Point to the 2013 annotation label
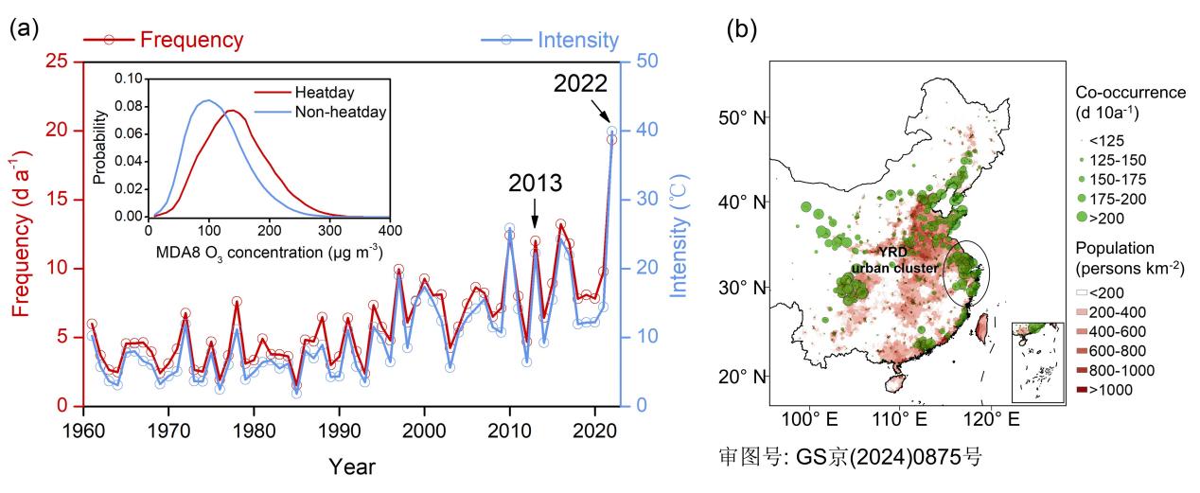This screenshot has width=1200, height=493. (x=535, y=182)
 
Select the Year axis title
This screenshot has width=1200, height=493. (x=352, y=467)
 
